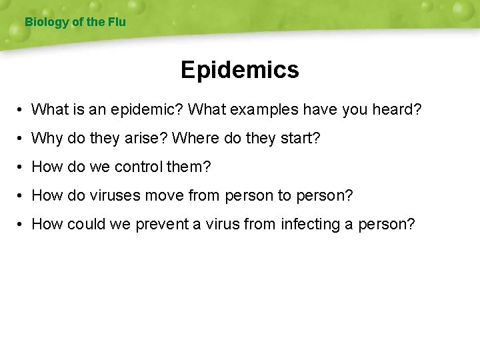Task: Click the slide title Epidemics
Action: (x=239, y=70)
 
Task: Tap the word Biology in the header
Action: (x=47, y=22)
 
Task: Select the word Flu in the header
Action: (x=116, y=22)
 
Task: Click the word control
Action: (x=139, y=167)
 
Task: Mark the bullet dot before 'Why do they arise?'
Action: (x=22, y=139)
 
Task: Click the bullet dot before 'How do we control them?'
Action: (x=22, y=167)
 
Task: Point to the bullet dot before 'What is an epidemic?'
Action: (x=22, y=109)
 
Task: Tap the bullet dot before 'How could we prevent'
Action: (x=22, y=225)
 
